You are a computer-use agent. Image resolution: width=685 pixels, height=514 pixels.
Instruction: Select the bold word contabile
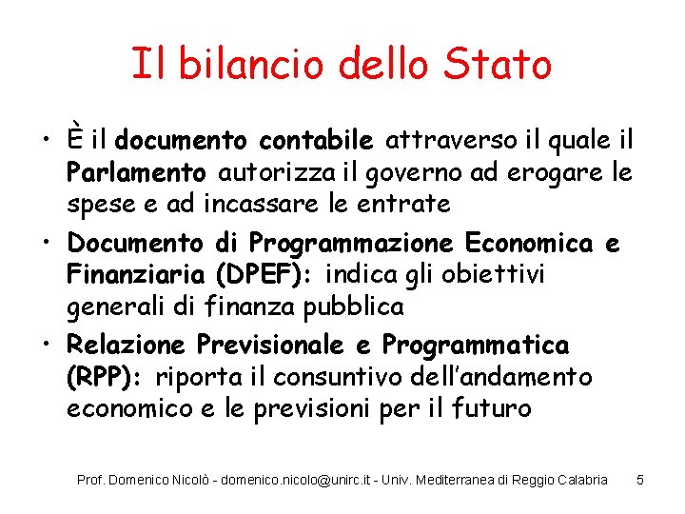[316, 142]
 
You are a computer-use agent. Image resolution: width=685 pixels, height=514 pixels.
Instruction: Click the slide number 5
[640, 480]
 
